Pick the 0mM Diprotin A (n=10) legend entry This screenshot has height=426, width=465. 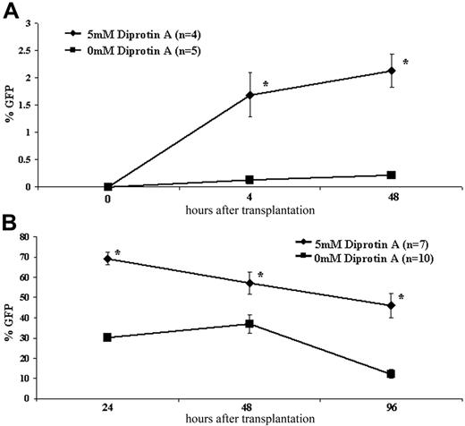click(381, 260)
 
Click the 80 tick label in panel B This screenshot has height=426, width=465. click(49, 237)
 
